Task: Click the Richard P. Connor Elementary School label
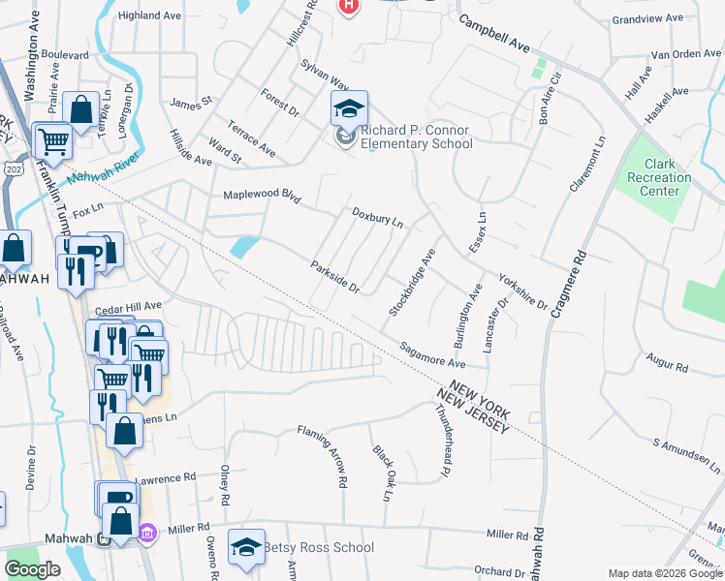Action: click(x=416, y=138)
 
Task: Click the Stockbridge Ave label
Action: click(x=412, y=281)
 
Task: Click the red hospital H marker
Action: click(x=349, y=6)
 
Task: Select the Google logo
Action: click(x=33, y=569)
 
